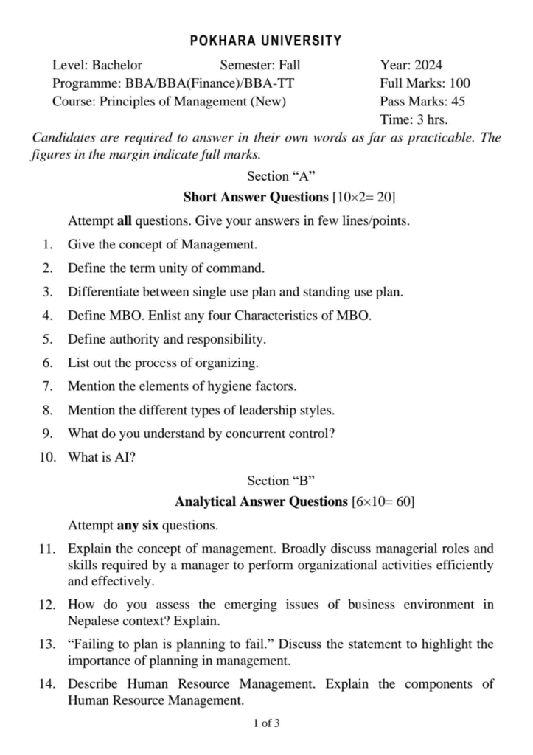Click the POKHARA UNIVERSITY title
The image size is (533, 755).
tap(266, 41)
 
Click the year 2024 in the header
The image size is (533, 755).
tap(428, 65)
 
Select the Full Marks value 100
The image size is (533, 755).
tap(457, 83)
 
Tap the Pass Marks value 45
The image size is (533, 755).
tap(457, 102)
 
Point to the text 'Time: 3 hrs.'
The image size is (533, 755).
tap(414, 119)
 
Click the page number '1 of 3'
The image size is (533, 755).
tap(266, 723)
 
